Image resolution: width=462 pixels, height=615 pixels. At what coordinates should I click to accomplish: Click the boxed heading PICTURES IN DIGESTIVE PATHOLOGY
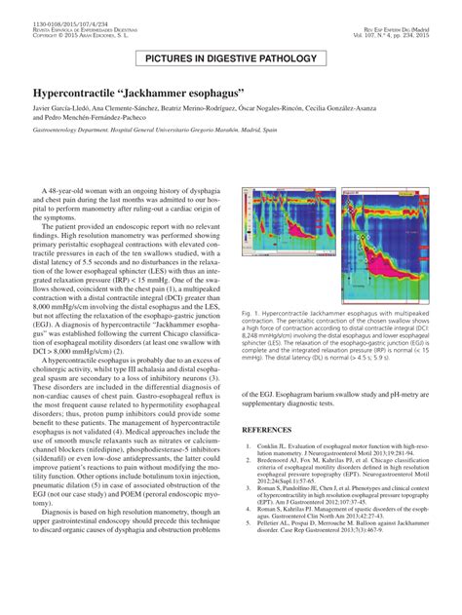click(231, 58)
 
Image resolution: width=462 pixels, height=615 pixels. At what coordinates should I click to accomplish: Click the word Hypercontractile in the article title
click(76, 100)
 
